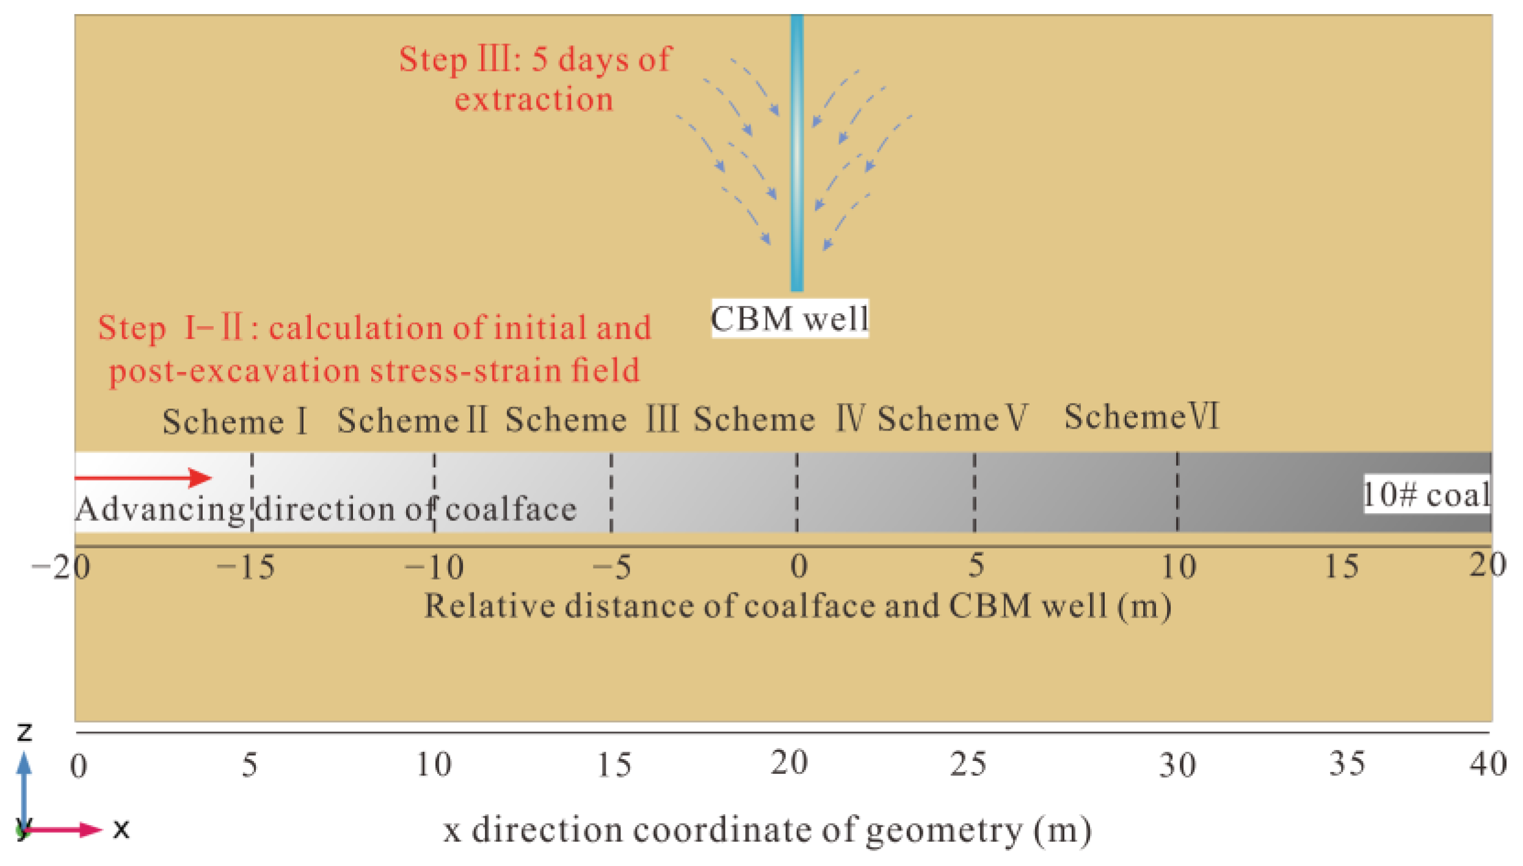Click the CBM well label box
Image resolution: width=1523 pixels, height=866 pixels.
coord(790,318)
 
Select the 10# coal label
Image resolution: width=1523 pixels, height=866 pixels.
coord(1427,495)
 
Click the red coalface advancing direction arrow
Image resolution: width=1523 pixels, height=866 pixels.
coord(143,478)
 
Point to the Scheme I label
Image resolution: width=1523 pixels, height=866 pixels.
coord(234,421)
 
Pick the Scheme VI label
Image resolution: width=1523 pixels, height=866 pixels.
coord(1141,417)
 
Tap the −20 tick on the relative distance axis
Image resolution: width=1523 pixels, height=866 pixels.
coord(61,568)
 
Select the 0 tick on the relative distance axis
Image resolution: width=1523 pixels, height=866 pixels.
coord(798,566)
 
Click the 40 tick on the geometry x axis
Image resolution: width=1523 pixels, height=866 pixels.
coord(1488,764)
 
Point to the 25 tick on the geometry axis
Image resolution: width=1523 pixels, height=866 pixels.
coord(968,764)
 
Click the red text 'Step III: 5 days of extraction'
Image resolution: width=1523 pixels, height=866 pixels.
coord(535,79)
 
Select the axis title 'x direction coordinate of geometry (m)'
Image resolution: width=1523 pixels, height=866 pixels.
coord(767,831)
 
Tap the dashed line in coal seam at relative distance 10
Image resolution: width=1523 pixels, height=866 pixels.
coord(1177,492)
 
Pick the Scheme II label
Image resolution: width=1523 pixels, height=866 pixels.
coord(412,420)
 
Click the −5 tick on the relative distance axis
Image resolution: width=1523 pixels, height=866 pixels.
coord(612,567)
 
